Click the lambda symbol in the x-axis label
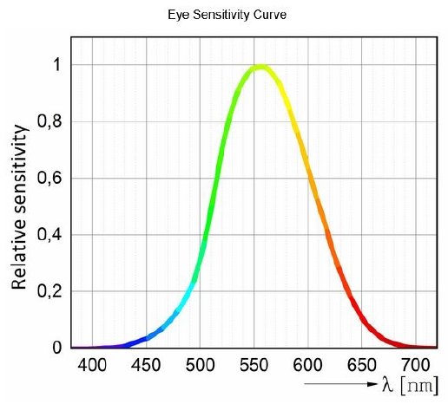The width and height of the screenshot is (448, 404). pyautogui.click(x=387, y=383)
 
